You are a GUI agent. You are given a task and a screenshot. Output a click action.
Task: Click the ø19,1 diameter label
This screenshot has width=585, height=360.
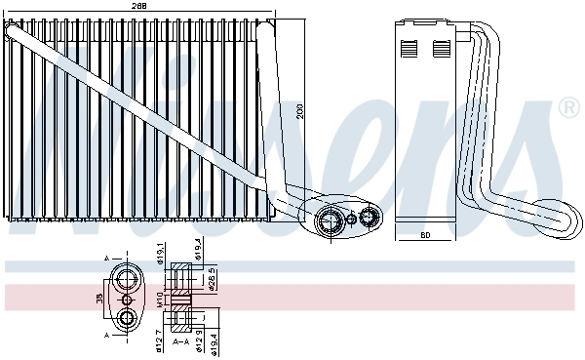[161, 257]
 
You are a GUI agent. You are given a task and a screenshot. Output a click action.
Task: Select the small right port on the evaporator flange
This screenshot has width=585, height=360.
[370, 217]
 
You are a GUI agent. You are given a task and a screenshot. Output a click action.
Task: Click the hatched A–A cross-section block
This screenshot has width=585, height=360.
[184, 299]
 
